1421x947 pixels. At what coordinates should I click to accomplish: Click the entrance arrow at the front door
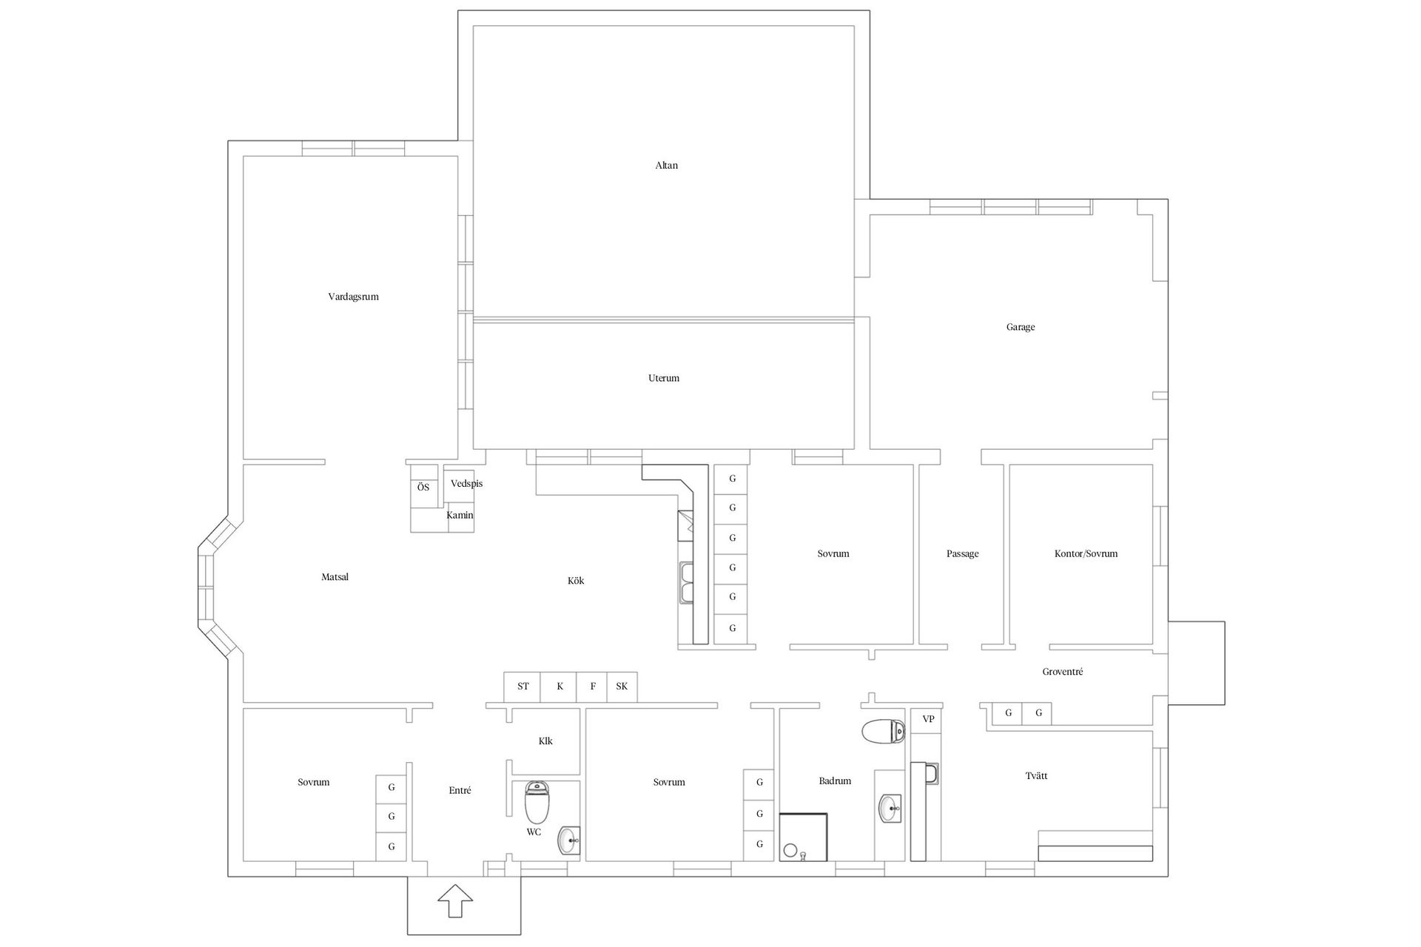(454, 902)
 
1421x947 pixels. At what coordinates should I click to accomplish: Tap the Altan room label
(666, 166)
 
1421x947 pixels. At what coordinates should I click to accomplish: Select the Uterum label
(663, 378)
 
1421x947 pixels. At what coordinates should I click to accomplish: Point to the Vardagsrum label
(353, 297)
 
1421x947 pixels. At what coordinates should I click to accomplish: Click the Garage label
(1020, 327)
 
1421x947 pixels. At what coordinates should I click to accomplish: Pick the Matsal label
(335, 577)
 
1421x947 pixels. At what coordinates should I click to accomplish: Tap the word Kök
(576, 581)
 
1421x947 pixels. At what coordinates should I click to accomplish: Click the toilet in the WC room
(537, 802)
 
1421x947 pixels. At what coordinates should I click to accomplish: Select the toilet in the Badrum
(883, 731)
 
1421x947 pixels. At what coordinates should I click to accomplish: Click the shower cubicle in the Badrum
(803, 837)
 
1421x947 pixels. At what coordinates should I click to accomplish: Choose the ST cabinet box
(523, 687)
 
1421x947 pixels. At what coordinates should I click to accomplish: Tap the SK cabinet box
(622, 687)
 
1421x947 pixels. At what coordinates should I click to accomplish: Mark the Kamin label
(460, 516)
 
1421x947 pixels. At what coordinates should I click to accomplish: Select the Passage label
(962, 554)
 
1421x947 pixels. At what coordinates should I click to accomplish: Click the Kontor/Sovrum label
(1086, 554)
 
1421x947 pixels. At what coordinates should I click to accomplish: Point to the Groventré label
(1062, 672)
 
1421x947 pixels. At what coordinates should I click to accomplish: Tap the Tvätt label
(1036, 776)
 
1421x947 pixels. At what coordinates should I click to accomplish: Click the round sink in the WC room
(569, 840)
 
